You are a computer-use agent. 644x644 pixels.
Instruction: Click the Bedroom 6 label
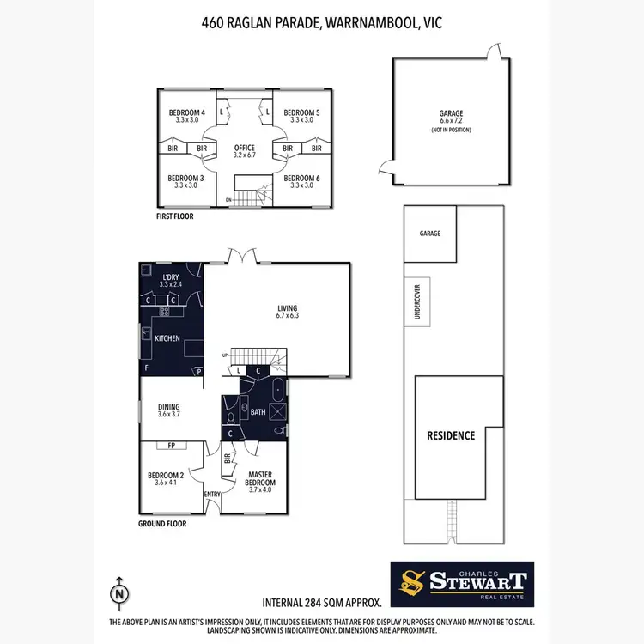(x=301, y=181)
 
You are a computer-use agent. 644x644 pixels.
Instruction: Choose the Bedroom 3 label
(x=186, y=181)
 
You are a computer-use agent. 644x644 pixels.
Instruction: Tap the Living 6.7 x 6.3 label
(x=287, y=310)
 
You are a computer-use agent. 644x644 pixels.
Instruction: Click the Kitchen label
(x=167, y=338)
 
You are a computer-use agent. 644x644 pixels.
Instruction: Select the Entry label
(x=212, y=495)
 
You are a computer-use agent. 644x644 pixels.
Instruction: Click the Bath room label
(x=258, y=412)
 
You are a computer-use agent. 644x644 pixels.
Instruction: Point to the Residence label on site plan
(x=451, y=435)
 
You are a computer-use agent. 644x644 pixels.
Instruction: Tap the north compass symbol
(x=119, y=592)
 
